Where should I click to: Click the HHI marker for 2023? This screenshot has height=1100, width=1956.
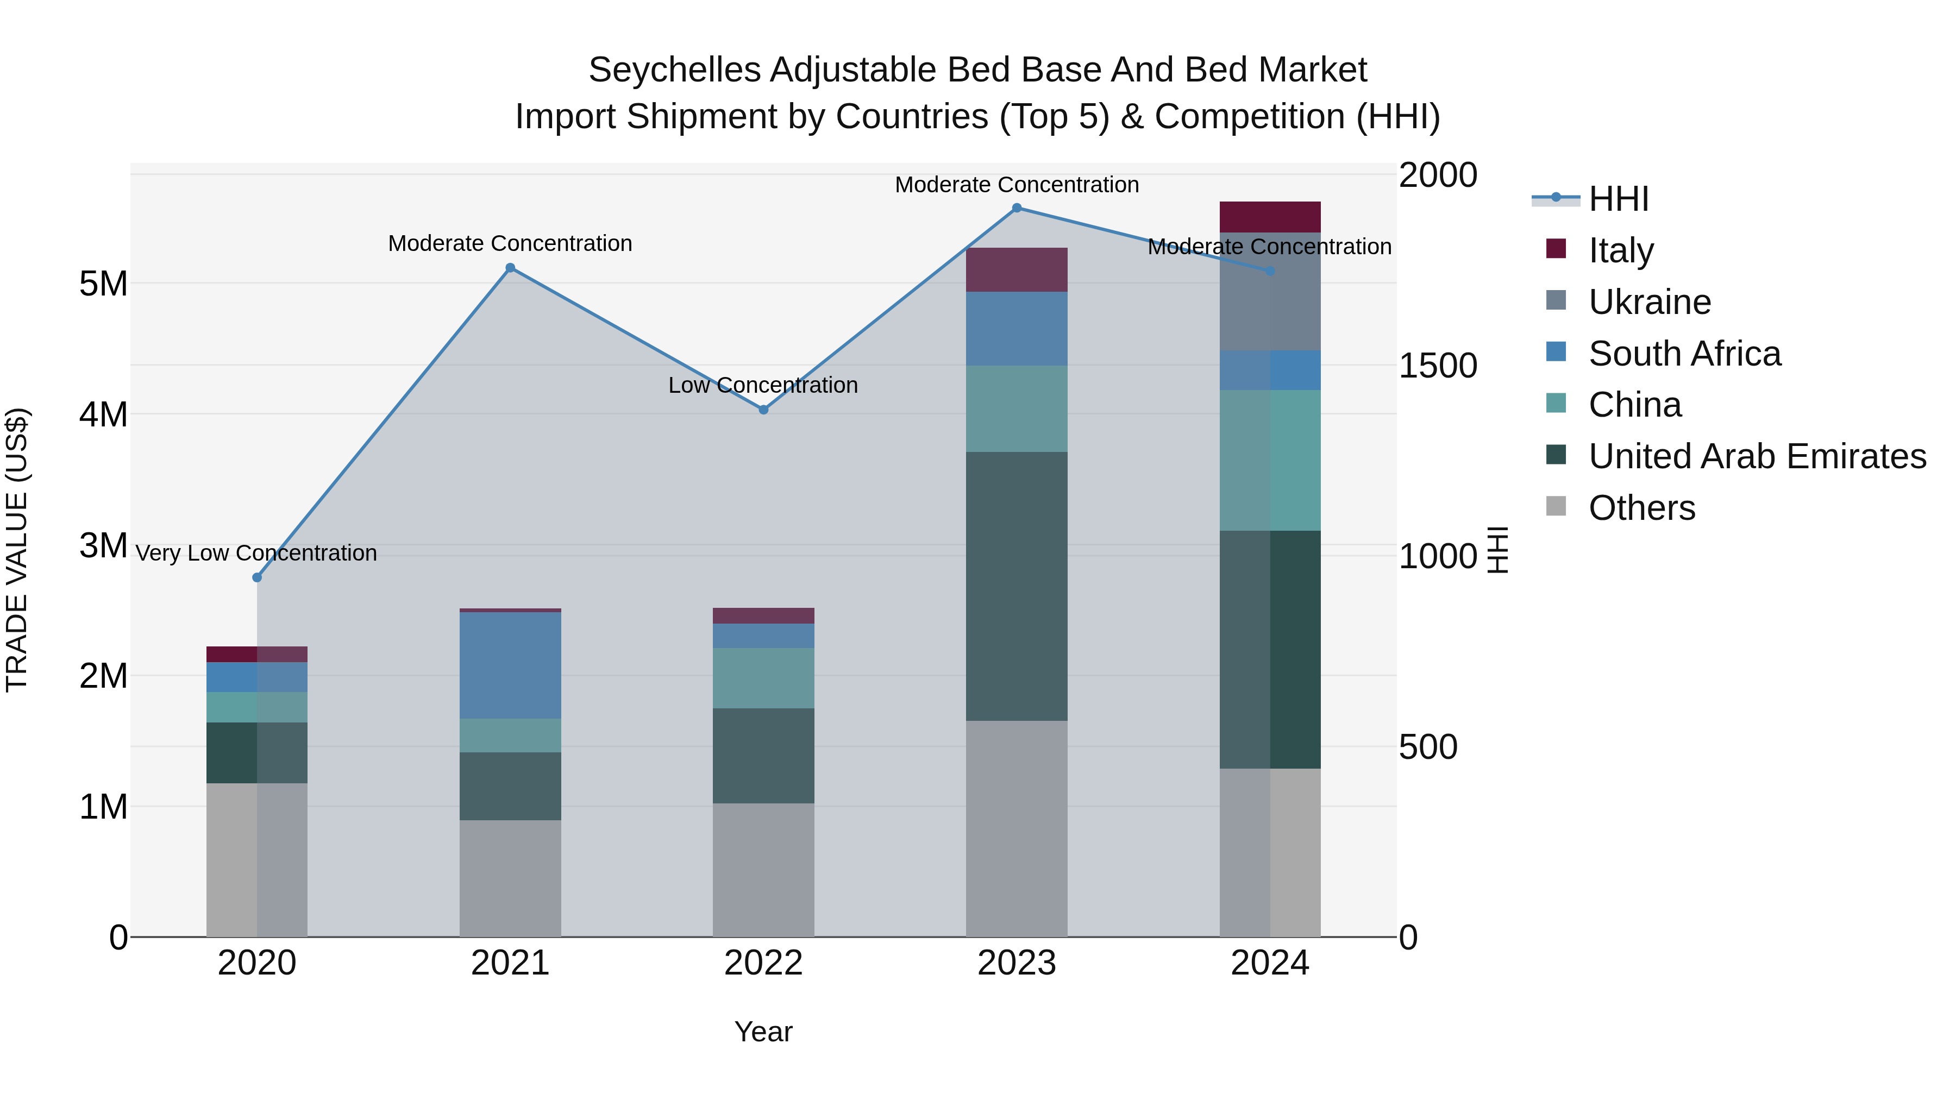point(1017,208)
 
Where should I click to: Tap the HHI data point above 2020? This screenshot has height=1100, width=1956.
point(256,578)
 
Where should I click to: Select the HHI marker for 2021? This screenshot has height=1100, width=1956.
point(510,268)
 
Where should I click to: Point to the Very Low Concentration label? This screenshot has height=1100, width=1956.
point(256,554)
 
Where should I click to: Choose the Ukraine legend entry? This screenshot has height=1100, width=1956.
point(1649,302)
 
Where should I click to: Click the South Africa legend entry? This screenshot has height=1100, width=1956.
point(1684,354)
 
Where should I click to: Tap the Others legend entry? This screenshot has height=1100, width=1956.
point(1641,508)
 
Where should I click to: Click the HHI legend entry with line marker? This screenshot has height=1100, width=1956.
point(1618,199)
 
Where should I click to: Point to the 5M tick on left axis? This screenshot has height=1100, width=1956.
point(103,284)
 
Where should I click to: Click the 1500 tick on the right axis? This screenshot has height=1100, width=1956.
point(1437,366)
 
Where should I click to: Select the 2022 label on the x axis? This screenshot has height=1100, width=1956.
point(763,963)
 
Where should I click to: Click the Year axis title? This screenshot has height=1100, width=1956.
point(763,1032)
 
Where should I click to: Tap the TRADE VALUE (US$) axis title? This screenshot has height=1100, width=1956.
point(17,550)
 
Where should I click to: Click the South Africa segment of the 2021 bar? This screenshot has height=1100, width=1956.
point(510,665)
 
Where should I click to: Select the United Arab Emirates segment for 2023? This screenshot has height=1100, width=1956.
point(1017,586)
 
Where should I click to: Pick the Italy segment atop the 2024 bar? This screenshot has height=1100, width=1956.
point(1270,217)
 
